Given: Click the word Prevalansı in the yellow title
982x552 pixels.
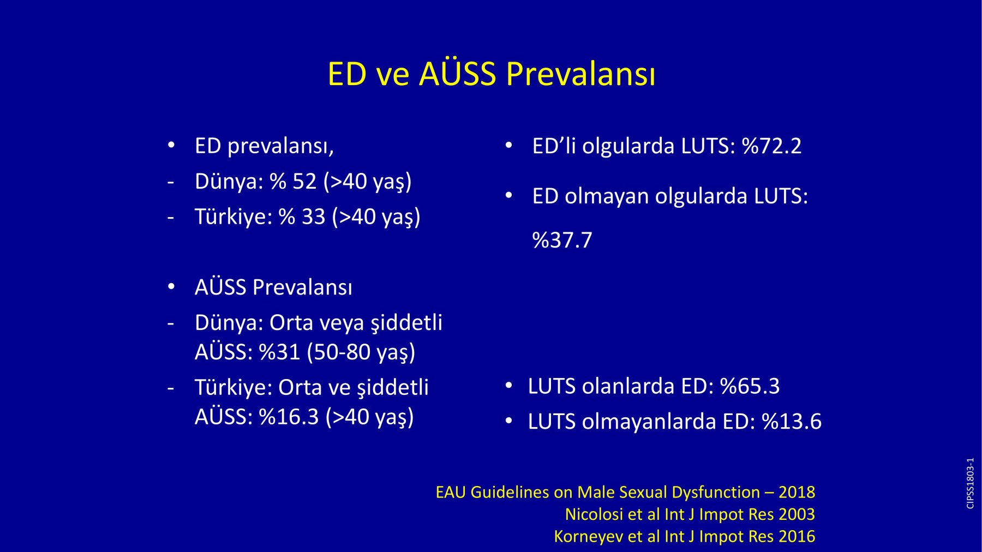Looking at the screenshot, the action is pos(580,74).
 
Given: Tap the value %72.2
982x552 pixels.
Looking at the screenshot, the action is pos(772,146).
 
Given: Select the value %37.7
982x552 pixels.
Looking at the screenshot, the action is pos(562,240).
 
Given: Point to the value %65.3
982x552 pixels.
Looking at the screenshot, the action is pos(750,386).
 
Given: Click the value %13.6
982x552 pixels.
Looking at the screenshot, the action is pos(792,422).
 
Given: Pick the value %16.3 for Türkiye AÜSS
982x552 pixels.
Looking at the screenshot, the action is pos(289,417).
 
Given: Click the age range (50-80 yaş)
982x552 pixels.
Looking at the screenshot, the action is pos(361,352).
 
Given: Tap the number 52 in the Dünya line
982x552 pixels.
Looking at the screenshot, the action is pos(304,182).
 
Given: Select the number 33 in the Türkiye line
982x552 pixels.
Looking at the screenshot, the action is pos(313,217).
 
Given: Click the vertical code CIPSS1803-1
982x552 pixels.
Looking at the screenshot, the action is pos(970,483).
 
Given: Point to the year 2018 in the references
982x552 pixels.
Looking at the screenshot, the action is pos(797,492).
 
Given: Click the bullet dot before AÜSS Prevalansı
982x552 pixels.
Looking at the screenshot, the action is pos(171,286).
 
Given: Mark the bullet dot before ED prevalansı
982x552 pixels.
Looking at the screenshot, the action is pos(171,145).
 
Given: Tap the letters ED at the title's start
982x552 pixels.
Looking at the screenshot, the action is pos(347,74).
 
